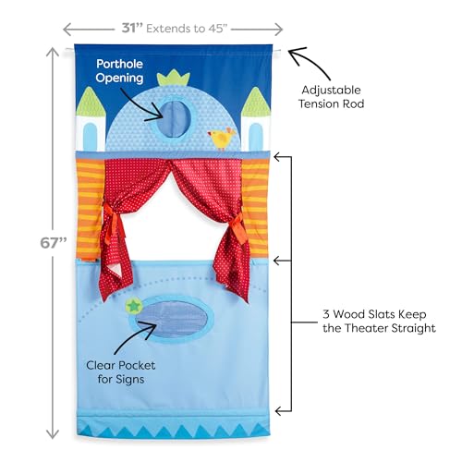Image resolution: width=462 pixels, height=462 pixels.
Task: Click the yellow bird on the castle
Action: coord(222,139)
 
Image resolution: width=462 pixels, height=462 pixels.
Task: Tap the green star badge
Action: coord(134,306)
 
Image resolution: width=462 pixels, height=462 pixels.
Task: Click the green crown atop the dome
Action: coord(174,78)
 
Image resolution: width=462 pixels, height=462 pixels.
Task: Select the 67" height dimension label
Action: coord(54,243)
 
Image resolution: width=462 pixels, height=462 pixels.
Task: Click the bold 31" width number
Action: coord(132,28)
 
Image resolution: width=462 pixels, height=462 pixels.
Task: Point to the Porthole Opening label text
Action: coord(119,71)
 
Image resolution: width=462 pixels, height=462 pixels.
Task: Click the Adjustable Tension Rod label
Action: coord(331,97)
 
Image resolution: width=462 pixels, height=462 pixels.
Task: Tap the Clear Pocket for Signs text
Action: coord(121,372)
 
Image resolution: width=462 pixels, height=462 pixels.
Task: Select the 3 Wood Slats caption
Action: coord(379,321)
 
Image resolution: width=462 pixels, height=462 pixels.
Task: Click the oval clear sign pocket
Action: coord(172,319)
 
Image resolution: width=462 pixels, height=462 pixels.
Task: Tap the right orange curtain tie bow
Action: coord(237,226)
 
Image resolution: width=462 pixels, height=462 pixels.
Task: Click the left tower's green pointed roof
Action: coord(91,102)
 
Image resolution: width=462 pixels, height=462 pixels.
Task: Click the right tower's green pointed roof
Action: coord(255,102)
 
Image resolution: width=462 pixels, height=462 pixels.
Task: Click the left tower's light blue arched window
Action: coord(90,135)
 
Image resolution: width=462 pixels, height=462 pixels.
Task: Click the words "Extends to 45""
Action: coord(187,29)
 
